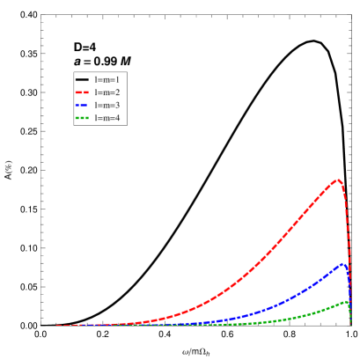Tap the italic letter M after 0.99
point(126,61)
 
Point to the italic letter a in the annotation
point(77,61)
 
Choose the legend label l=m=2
point(107,92)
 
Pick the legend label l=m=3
point(107,105)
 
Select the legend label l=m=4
point(107,117)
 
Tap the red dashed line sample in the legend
point(84,92)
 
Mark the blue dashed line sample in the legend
point(84,105)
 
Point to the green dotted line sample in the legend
point(84,117)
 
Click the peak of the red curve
point(337,180)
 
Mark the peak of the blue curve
point(342,263)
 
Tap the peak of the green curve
point(345,302)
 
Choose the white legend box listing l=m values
point(99,99)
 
